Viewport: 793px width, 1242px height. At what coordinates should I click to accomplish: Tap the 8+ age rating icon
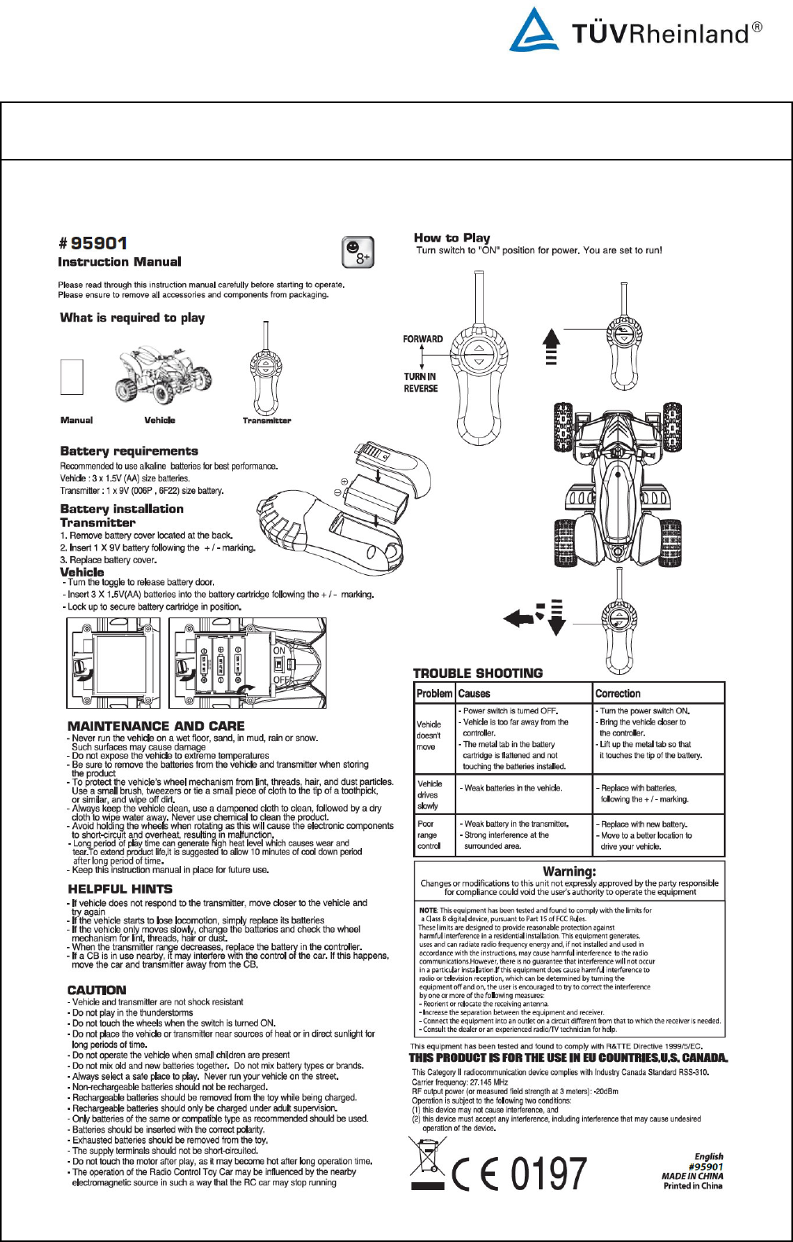[358, 252]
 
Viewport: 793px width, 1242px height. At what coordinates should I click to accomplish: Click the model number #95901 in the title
[93, 243]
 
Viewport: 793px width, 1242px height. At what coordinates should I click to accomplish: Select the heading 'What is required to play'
[132, 318]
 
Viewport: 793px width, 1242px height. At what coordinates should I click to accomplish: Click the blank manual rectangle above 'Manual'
[72, 376]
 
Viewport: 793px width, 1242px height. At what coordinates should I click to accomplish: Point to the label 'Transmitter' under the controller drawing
[267, 421]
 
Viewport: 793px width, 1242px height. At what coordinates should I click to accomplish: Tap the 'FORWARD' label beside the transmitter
[422, 339]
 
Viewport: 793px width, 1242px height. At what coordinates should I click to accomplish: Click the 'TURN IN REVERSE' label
[421, 382]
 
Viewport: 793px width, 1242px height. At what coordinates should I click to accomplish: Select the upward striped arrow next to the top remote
[551, 346]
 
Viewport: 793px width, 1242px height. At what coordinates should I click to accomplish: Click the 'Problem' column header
[434, 694]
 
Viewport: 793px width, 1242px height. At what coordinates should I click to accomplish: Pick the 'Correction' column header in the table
[618, 694]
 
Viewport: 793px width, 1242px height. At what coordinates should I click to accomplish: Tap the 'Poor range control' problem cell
[429, 835]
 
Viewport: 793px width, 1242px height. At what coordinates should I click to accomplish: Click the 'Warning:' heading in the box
[570, 872]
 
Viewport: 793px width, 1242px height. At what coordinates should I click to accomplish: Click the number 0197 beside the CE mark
[548, 1174]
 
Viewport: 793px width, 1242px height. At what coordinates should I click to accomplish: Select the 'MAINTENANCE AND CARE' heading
[156, 726]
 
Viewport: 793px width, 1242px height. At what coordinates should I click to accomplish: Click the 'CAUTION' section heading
[97, 990]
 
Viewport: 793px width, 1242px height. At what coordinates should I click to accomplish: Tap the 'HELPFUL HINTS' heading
[120, 889]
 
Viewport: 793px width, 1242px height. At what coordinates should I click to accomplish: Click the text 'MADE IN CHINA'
[692, 1176]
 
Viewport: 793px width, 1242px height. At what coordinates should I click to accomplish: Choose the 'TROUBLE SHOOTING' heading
[478, 673]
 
